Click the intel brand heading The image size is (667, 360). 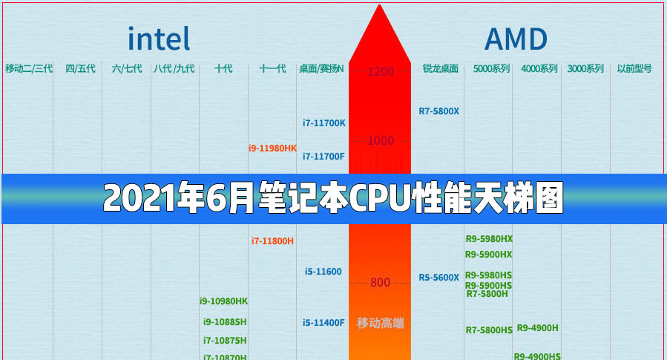(159, 39)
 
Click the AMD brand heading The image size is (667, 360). (516, 39)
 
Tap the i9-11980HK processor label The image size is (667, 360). (272, 148)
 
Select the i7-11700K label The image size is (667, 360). (324, 122)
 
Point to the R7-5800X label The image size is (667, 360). (438, 111)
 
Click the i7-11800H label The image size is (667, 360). (272, 240)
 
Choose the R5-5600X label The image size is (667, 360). (438, 278)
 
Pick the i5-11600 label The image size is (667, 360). (323, 272)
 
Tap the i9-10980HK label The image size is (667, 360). (223, 301)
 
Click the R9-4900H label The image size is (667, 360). (537, 327)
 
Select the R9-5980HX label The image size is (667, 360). (489, 239)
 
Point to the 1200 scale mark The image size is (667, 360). (380, 72)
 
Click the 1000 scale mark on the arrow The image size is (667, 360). (380, 140)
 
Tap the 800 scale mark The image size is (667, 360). (380, 282)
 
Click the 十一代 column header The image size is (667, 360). (272, 69)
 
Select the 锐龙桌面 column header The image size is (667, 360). (441, 69)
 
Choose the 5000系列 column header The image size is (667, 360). (491, 69)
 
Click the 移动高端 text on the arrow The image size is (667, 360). (380, 323)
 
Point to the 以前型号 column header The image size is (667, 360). (634, 69)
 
